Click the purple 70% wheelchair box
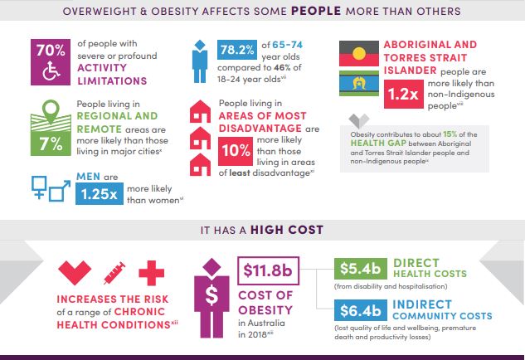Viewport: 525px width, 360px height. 51,62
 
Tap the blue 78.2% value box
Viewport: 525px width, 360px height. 237,50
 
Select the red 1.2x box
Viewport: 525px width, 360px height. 403,94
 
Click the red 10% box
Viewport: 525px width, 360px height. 236,151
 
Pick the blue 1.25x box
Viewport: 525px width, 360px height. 99,193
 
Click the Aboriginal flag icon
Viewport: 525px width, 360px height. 359,54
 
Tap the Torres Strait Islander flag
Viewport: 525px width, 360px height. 359,83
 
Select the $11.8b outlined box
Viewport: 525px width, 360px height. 268,270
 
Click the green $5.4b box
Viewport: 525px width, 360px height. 361,269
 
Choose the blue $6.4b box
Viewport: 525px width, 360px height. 361,310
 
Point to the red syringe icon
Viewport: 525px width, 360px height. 114,273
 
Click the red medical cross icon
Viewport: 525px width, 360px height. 151,273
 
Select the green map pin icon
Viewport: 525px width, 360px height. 51,111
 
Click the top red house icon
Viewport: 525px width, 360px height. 200,111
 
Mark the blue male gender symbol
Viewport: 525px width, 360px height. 60,191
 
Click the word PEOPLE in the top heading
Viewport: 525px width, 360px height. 316,11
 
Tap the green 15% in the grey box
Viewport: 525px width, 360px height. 450,134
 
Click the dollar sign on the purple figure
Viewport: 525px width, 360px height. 211,296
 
